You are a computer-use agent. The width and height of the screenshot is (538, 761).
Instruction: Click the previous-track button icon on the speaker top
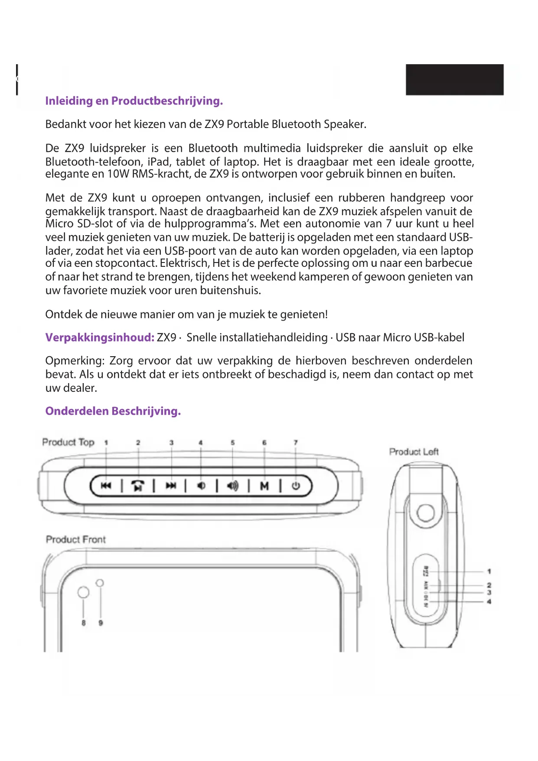pyautogui.click(x=106, y=486)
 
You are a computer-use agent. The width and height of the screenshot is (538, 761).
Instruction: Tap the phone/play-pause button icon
pyautogui.click(x=138, y=486)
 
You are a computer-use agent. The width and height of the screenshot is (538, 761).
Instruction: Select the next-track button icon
pyautogui.click(x=171, y=486)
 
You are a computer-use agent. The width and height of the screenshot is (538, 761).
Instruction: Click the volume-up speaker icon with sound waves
pyautogui.click(x=233, y=486)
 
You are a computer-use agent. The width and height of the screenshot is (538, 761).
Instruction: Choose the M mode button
pyautogui.click(x=264, y=486)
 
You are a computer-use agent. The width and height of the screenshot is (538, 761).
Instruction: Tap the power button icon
pyautogui.click(x=296, y=486)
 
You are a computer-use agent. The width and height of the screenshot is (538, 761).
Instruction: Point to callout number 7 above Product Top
pyautogui.click(x=296, y=443)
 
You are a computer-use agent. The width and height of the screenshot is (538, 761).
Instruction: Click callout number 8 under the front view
pyautogui.click(x=84, y=623)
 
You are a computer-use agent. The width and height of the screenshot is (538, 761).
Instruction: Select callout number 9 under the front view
pyautogui.click(x=101, y=623)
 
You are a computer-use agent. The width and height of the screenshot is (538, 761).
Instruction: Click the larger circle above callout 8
pyautogui.click(x=83, y=592)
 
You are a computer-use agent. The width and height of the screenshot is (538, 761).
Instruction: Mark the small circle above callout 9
pyautogui.click(x=100, y=583)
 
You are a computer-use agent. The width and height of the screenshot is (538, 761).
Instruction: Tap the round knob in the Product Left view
pyautogui.click(x=425, y=513)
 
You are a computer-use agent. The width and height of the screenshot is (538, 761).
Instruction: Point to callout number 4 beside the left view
pyautogui.click(x=489, y=602)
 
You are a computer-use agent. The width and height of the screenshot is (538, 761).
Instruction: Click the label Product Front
pyautogui.click(x=76, y=539)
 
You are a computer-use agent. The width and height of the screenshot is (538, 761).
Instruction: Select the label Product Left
pyautogui.click(x=414, y=452)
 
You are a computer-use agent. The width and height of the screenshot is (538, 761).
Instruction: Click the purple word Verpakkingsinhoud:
pyautogui.click(x=100, y=338)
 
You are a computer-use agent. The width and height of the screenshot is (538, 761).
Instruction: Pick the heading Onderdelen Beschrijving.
pyautogui.click(x=113, y=411)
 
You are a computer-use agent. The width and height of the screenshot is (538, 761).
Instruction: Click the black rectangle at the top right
pyautogui.click(x=454, y=79)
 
